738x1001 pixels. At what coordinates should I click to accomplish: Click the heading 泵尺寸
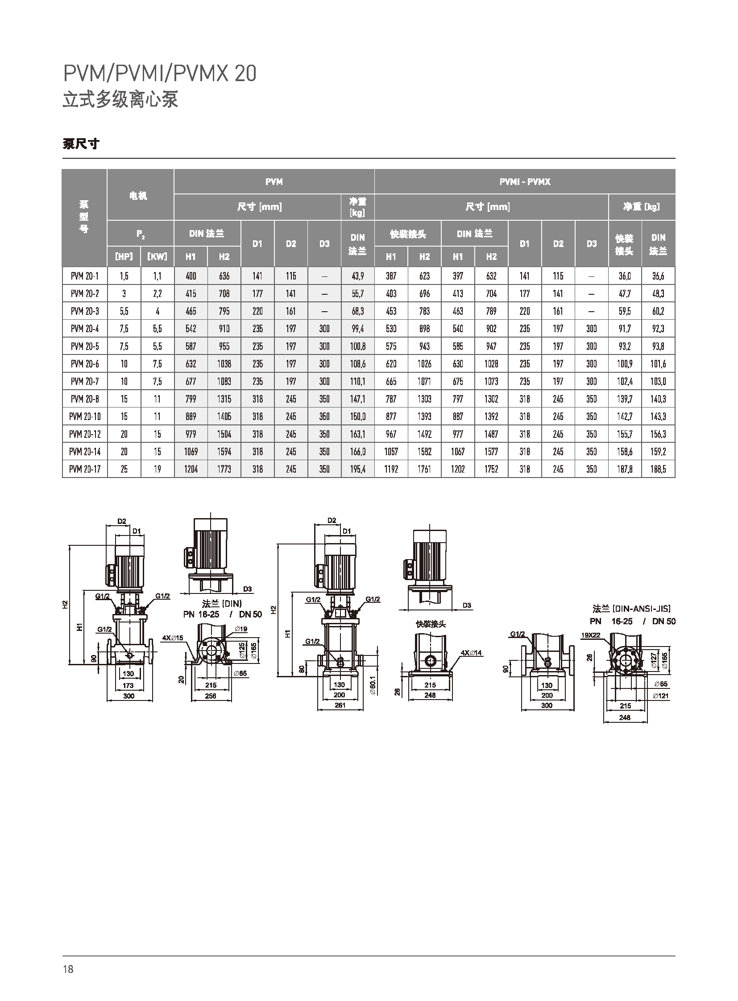click(81, 144)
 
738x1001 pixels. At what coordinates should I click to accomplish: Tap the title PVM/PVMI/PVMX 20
click(160, 74)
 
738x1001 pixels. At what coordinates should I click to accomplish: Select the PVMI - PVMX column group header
click(525, 182)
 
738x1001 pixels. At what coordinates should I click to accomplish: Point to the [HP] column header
click(124, 256)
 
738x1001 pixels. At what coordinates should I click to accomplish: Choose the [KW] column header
click(157, 256)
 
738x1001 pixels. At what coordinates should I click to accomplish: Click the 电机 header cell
click(138, 196)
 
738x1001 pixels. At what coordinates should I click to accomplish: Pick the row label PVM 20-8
click(85, 399)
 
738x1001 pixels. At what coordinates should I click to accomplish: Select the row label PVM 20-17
click(85, 469)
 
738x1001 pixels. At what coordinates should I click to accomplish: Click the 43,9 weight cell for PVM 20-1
click(358, 276)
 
